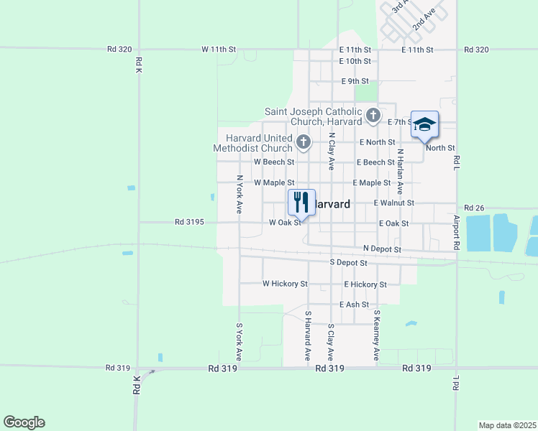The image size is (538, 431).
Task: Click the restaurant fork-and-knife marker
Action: point(301,202)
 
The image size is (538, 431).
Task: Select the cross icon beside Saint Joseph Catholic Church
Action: point(373,115)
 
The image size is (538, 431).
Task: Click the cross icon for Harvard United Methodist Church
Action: point(304,142)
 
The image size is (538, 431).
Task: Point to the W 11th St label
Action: point(219,50)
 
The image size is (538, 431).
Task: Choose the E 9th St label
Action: point(355,81)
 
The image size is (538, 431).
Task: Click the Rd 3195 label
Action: point(190,223)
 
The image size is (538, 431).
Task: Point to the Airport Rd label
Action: point(457,231)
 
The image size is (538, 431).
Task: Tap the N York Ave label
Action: point(239,194)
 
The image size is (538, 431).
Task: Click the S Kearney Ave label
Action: point(375,336)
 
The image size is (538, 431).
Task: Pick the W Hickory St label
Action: point(285,284)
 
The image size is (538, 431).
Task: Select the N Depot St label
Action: point(381,249)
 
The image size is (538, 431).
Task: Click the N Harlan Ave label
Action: point(400,172)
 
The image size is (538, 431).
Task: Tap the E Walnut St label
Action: point(393,203)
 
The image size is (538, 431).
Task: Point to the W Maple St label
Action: point(274,183)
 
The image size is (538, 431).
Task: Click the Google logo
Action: point(24,422)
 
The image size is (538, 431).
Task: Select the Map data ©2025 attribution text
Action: point(507,425)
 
